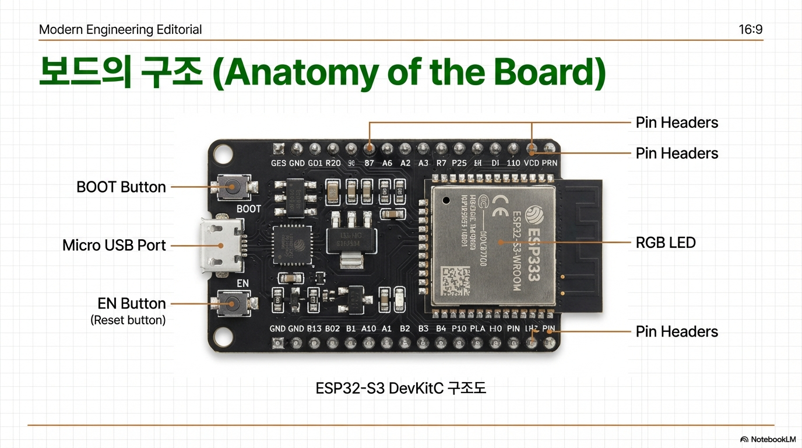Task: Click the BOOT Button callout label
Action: tap(121, 187)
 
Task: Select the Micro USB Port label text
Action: tap(114, 246)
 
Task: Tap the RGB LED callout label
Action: tap(666, 243)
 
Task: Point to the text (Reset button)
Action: tap(128, 320)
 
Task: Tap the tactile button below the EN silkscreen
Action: tap(233, 303)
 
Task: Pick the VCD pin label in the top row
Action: tap(531, 163)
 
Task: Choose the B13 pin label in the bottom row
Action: tap(314, 328)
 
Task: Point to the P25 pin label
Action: tap(459, 163)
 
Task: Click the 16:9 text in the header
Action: tap(750, 30)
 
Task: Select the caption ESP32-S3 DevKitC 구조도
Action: tap(400, 388)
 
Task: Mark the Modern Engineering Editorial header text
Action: tap(120, 30)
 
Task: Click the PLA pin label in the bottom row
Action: tap(477, 328)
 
